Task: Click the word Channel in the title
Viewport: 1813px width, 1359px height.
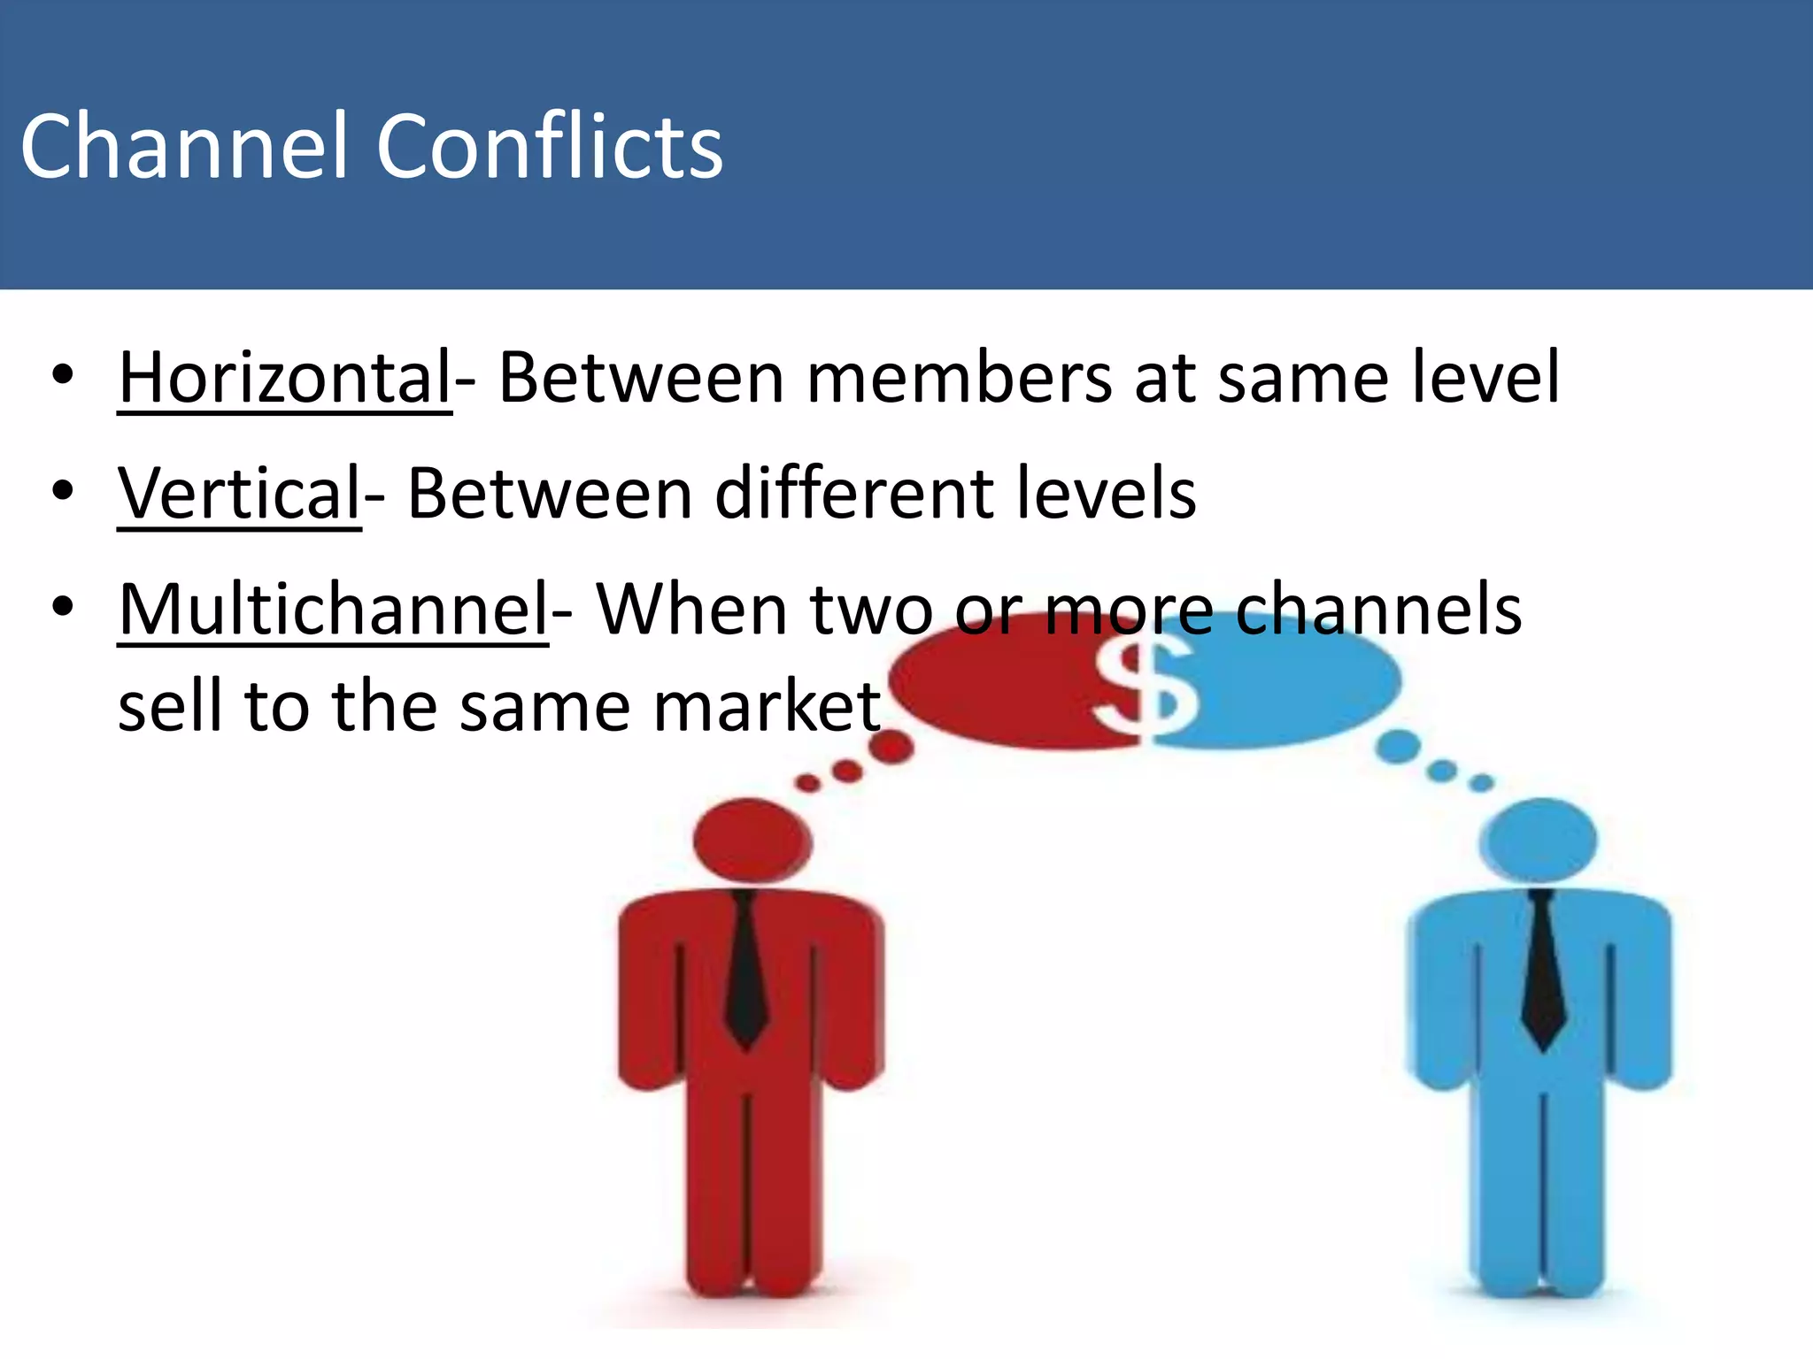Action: point(182,147)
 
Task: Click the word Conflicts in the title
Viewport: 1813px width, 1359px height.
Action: point(549,147)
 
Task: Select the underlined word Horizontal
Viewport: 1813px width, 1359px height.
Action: point(285,378)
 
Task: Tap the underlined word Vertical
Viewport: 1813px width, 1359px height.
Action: point(239,494)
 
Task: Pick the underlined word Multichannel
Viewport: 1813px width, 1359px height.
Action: point(334,610)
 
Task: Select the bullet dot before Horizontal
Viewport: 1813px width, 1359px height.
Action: point(62,375)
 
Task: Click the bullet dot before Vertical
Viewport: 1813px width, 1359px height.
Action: point(62,491)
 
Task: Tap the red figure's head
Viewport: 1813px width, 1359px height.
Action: point(752,841)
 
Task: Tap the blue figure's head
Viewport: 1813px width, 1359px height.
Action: point(1539,841)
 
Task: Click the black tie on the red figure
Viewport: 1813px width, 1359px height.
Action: point(745,973)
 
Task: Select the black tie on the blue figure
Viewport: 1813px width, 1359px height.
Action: point(1543,973)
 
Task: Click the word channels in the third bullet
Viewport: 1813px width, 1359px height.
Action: point(1378,610)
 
